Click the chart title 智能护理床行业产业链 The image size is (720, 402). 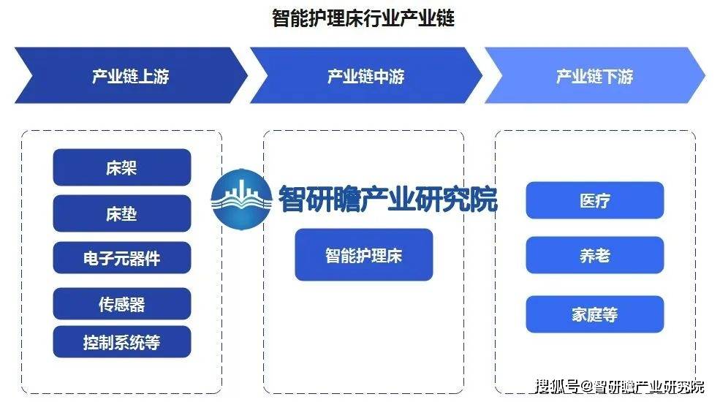tap(363, 18)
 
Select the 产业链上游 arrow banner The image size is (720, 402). tap(131, 75)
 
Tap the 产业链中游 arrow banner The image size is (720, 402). tap(366, 75)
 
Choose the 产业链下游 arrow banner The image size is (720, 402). tap(595, 75)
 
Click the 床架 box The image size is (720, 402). tap(121, 167)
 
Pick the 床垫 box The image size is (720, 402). tap(121, 213)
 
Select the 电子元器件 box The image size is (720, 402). tap(121, 258)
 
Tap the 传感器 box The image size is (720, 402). tap(121, 304)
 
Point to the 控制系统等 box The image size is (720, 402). tap(121, 342)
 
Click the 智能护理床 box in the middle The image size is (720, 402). tap(364, 254)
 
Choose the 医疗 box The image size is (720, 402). tap(595, 200)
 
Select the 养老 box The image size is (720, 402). tap(595, 255)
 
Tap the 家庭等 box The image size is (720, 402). tap(595, 314)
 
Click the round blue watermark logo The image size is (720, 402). tap(241, 199)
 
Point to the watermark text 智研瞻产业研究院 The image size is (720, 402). tap(388, 199)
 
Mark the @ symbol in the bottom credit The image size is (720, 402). tap(586, 387)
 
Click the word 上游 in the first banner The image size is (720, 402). tap(154, 76)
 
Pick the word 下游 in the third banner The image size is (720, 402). tap(618, 76)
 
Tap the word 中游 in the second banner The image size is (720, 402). tap(389, 76)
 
